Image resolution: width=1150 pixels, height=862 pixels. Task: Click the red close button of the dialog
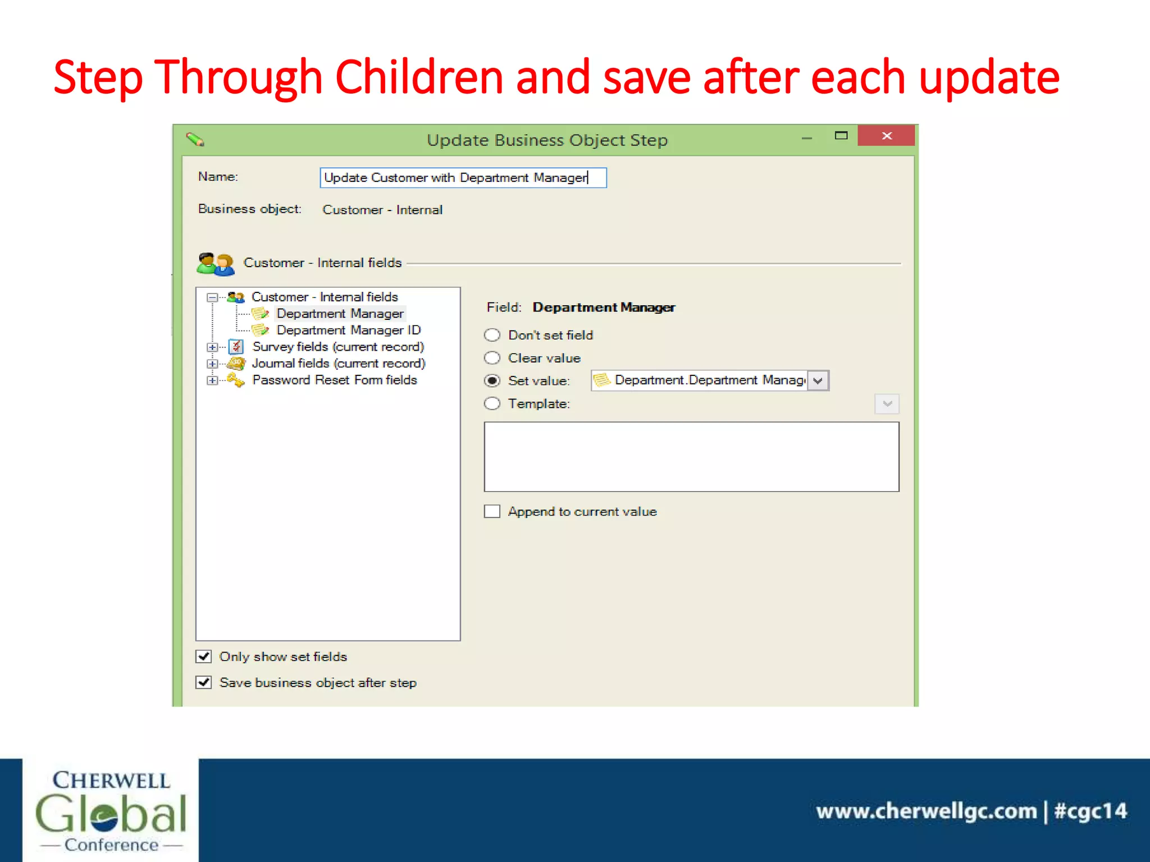click(x=886, y=136)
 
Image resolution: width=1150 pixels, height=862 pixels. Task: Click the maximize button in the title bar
click(x=841, y=135)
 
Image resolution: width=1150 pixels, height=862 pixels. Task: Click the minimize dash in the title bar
click(x=806, y=138)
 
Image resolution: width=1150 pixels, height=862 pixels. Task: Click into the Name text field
click(x=462, y=178)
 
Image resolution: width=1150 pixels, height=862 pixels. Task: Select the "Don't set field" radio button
click(x=492, y=335)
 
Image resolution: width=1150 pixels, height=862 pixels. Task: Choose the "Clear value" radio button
click(x=492, y=358)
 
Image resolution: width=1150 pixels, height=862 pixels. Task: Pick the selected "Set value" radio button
click(x=492, y=380)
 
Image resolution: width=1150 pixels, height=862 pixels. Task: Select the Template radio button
click(x=492, y=404)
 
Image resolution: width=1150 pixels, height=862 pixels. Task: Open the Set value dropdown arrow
click(x=818, y=380)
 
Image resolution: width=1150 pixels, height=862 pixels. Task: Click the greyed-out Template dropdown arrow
click(x=887, y=404)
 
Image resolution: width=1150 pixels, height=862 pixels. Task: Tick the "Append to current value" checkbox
click(x=492, y=511)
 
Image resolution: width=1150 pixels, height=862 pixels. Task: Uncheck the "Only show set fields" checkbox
click(x=204, y=656)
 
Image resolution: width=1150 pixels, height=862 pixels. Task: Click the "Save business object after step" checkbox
click(x=204, y=682)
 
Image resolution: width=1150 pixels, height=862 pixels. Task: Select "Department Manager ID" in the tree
click(x=348, y=330)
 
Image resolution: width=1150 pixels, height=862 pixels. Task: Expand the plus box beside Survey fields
click(x=212, y=347)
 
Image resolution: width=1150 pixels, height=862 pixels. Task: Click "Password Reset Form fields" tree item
click(x=335, y=380)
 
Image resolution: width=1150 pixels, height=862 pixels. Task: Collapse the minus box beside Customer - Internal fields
click(x=212, y=297)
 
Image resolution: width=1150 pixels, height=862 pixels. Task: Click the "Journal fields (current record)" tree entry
click(x=339, y=363)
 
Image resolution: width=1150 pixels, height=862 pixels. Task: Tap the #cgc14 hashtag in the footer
click(x=1090, y=811)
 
